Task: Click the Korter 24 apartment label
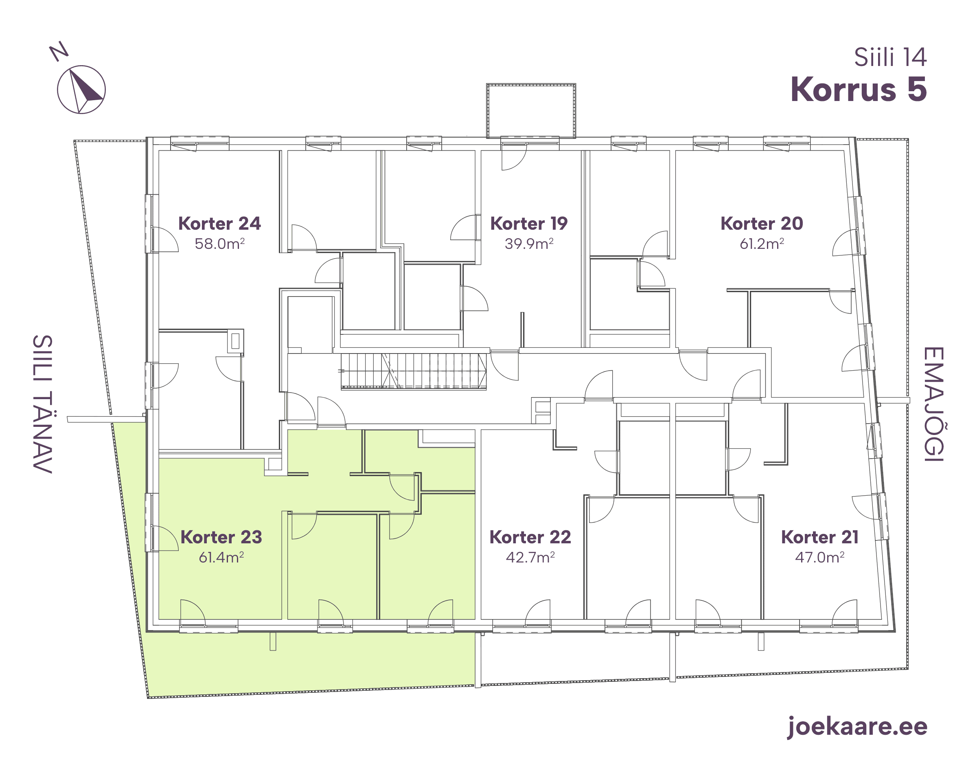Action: pyautogui.click(x=219, y=224)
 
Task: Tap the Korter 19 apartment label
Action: pyautogui.click(x=529, y=224)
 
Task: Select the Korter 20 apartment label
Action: pyautogui.click(x=762, y=224)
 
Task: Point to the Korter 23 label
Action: pyautogui.click(x=221, y=537)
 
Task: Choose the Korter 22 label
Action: pyautogui.click(x=530, y=537)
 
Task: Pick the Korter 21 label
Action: pyautogui.click(x=820, y=537)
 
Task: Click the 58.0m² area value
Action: pyautogui.click(x=220, y=244)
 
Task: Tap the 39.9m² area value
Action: pyautogui.click(x=529, y=244)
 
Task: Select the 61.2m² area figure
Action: pyautogui.click(x=762, y=244)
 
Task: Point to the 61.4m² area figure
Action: pyautogui.click(x=221, y=557)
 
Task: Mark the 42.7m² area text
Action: pyautogui.click(x=530, y=557)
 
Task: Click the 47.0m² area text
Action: pyautogui.click(x=820, y=557)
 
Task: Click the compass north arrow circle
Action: pyautogui.click(x=81, y=90)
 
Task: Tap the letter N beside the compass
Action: pyautogui.click(x=59, y=51)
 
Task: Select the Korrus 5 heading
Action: pyautogui.click(x=859, y=89)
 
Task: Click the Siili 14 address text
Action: pyautogui.click(x=890, y=57)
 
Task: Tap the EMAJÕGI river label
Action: pyautogui.click(x=933, y=404)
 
